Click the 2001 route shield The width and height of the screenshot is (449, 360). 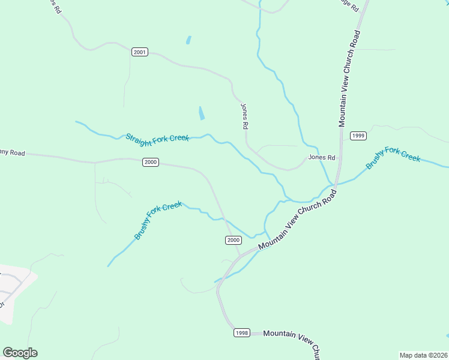pos(139,52)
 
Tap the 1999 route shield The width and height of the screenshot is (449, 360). pos(358,136)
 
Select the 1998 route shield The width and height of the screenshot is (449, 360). pos(242,332)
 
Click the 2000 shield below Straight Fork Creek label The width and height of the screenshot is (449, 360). pos(151,162)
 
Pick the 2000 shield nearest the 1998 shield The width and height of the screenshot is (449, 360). pos(234,240)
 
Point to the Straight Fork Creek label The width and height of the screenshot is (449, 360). pos(157,138)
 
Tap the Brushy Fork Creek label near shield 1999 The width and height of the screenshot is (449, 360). pos(393,157)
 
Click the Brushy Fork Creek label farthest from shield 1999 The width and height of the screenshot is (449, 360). pos(158,220)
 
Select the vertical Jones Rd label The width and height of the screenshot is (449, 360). pos(244,116)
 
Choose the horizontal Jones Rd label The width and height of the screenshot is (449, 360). pos(322,157)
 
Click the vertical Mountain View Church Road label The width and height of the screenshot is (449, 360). pos(349,78)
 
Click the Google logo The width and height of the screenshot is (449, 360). pos(20,353)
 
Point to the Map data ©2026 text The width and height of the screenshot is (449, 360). pos(423,355)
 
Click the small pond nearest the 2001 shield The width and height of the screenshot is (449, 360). pos(188,40)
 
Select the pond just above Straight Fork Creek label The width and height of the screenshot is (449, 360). pos(201,113)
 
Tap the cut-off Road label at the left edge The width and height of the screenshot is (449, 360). pos(12,153)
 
